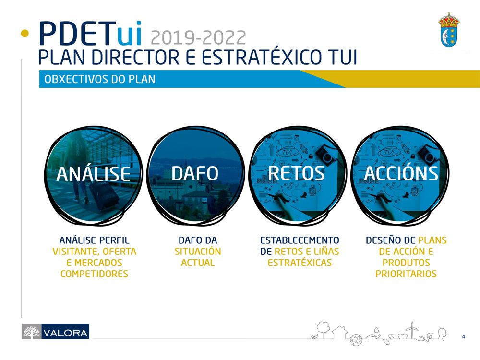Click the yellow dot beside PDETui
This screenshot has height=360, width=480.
(25, 33)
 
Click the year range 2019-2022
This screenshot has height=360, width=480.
(198, 37)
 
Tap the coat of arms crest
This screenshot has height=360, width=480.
(449, 29)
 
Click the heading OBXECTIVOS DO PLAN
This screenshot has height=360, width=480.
(100, 79)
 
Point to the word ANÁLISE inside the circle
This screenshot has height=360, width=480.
(94, 173)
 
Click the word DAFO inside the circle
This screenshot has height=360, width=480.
(195, 173)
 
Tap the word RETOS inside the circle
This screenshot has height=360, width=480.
(296, 173)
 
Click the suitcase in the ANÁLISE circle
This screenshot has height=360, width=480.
(104, 195)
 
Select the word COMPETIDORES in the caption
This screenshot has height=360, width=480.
(94, 274)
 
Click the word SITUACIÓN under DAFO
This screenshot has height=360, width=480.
(198, 252)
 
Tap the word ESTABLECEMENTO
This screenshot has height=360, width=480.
(300, 240)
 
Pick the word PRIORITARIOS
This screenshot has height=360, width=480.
(406, 274)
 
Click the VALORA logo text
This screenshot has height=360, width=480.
(65, 333)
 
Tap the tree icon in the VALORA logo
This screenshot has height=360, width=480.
(32, 332)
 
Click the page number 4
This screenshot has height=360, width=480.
(464, 337)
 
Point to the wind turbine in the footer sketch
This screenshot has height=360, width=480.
(412, 331)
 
